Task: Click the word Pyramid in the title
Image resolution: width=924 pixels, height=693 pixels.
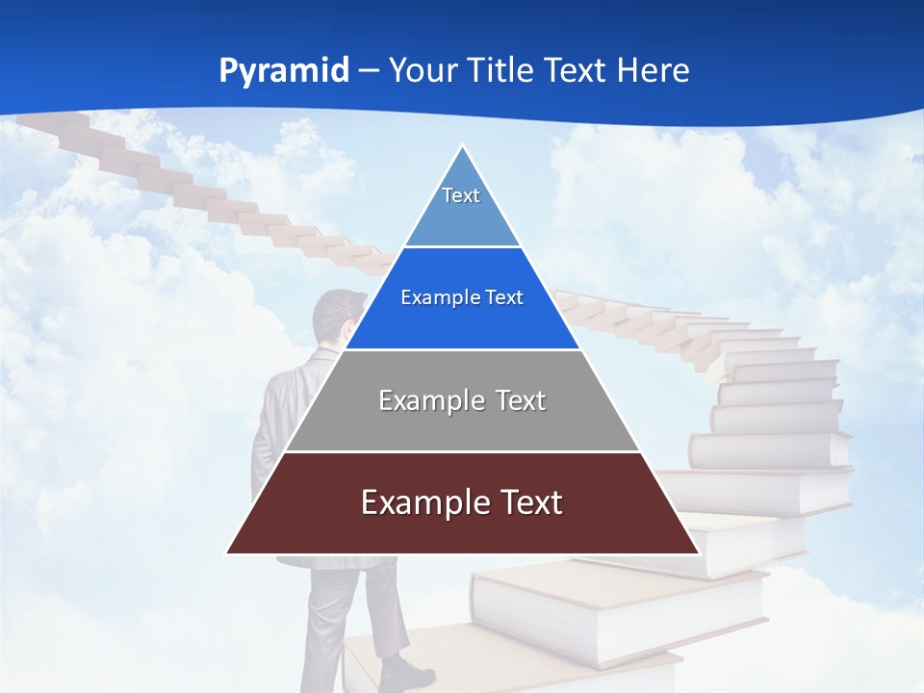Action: (x=283, y=71)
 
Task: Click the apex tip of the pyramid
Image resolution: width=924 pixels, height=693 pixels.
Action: (x=462, y=146)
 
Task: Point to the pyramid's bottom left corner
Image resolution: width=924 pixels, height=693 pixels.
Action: (x=227, y=552)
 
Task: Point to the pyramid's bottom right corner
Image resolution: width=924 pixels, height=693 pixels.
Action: (x=698, y=552)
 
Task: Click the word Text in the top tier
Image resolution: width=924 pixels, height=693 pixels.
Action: (x=461, y=195)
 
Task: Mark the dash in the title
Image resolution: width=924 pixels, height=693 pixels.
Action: (x=369, y=71)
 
